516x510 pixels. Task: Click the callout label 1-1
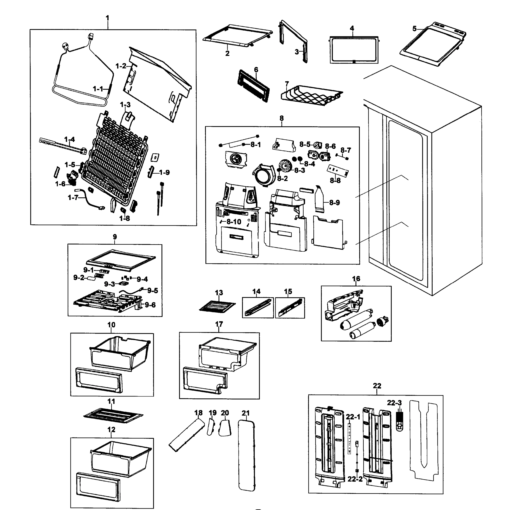pyautogui.click(x=98, y=89)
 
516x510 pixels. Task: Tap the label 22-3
pyautogui.click(x=394, y=403)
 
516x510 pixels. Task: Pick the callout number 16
pyautogui.click(x=356, y=279)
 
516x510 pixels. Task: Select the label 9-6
pyautogui.click(x=150, y=305)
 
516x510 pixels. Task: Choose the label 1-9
pyautogui.click(x=164, y=173)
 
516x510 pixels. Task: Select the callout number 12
pyautogui.click(x=111, y=429)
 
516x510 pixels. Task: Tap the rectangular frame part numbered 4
pyautogui.click(x=354, y=50)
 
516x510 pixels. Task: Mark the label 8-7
pyautogui.click(x=346, y=150)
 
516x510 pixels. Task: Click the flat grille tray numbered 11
pyautogui.click(x=113, y=415)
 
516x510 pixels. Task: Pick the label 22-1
pyautogui.click(x=353, y=417)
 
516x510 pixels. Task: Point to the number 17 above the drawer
pyautogui.click(x=219, y=324)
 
